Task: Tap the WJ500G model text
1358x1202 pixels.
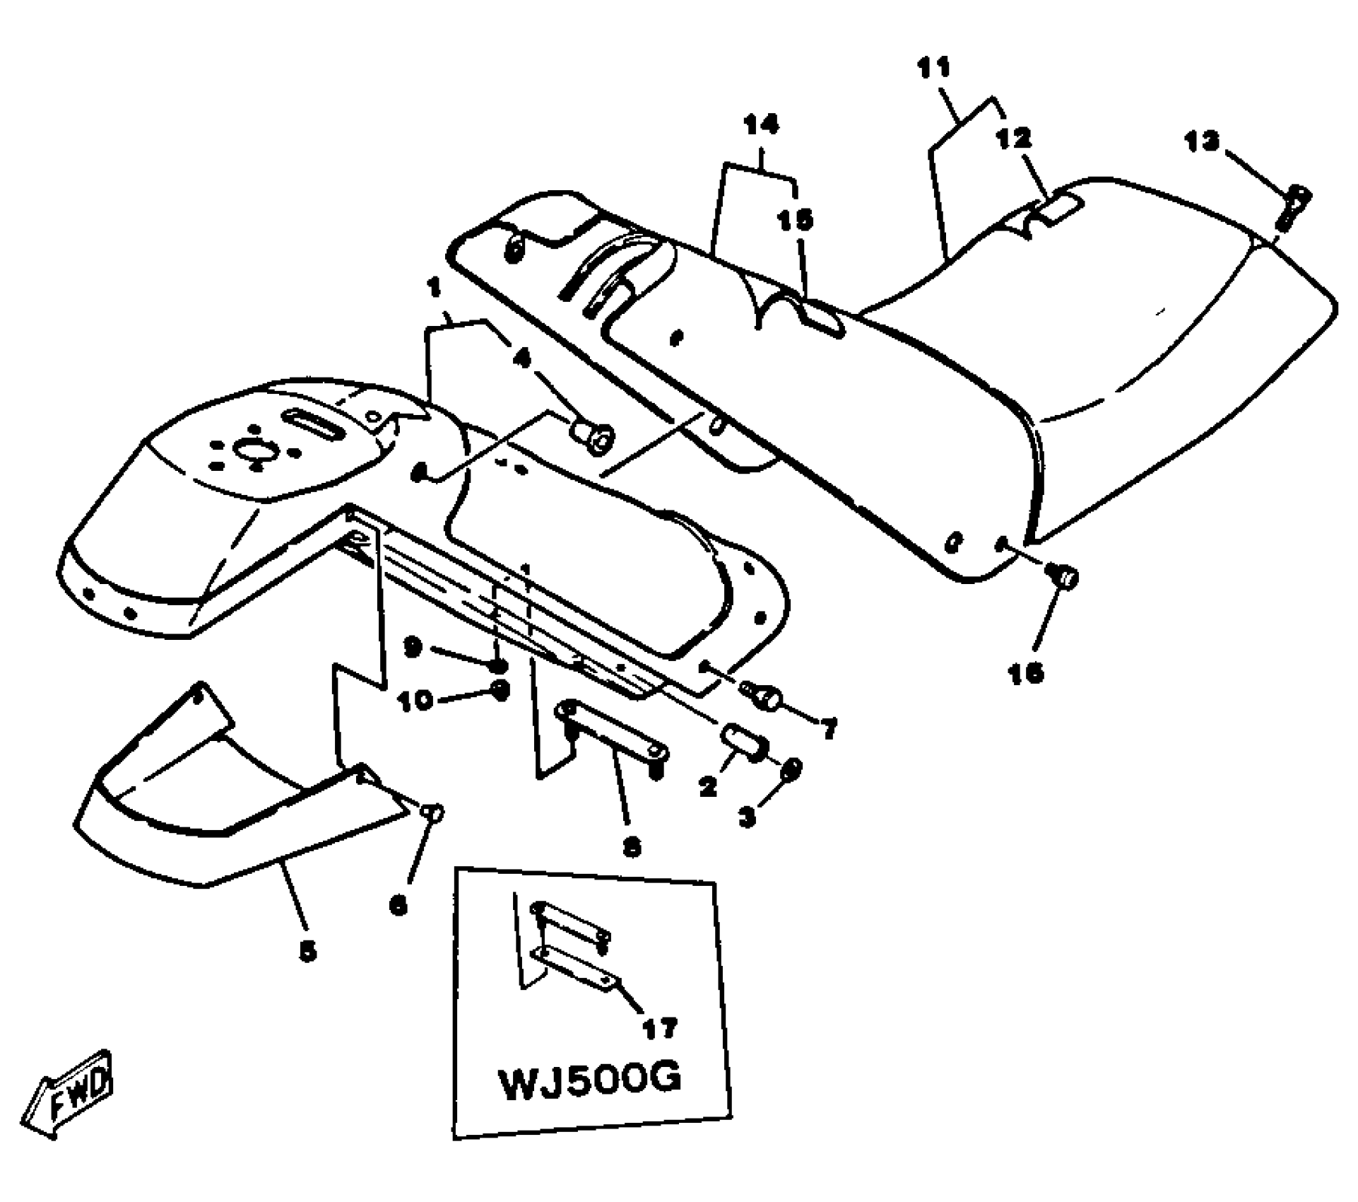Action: pyautogui.click(x=590, y=1082)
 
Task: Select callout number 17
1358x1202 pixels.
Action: pyautogui.click(x=659, y=1027)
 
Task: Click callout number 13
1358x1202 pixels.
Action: pyautogui.click(x=1202, y=141)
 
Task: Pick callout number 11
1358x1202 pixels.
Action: pyautogui.click(x=934, y=69)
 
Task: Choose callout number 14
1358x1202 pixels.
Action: pyautogui.click(x=761, y=124)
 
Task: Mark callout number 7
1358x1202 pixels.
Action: pyautogui.click(x=829, y=728)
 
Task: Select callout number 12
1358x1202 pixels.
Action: pyautogui.click(x=1014, y=138)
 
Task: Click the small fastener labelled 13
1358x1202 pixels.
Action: pyautogui.click(x=1294, y=205)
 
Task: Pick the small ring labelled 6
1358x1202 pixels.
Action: pyautogui.click(x=432, y=811)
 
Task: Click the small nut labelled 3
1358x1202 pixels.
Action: pyautogui.click(x=791, y=769)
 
